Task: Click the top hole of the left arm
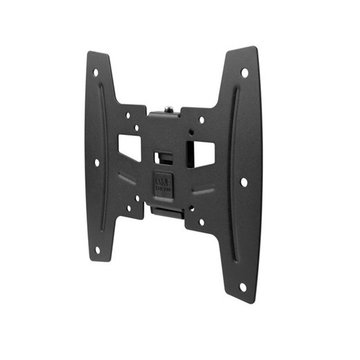click(x=96, y=71)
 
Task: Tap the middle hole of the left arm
click(x=96, y=163)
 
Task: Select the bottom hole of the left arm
click(x=97, y=249)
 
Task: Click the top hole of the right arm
click(x=244, y=71)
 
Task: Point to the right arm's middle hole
click(x=244, y=181)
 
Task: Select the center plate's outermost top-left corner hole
click(x=127, y=116)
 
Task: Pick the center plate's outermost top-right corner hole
click(x=201, y=119)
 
